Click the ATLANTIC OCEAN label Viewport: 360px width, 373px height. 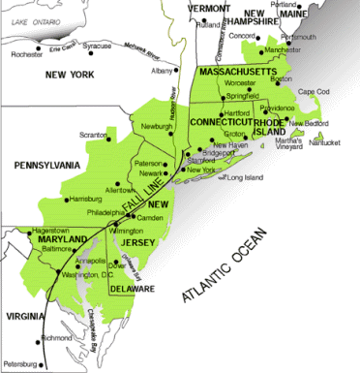[x=259, y=242]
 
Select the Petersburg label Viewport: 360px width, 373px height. [x=19, y=364]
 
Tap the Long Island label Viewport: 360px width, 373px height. [x=245, y=177]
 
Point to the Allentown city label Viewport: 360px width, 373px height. [x=121, y=191]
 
